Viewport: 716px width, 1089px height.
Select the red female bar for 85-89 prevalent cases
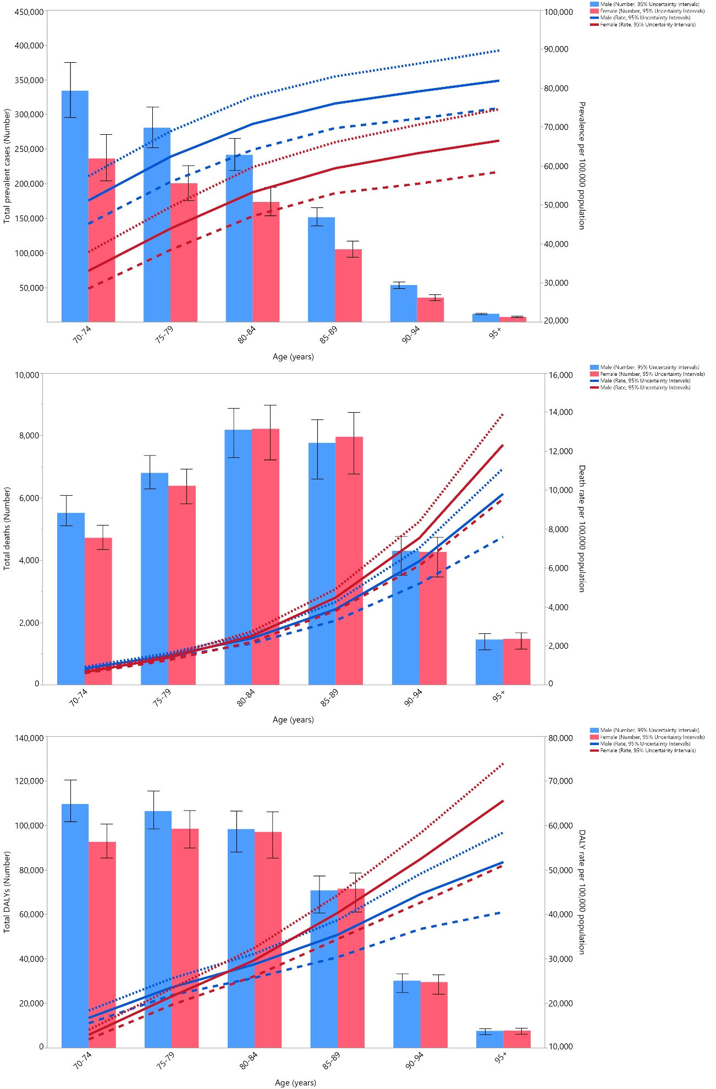[x=348, y=286]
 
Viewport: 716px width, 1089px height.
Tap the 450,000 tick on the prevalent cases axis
[x=29, y=12]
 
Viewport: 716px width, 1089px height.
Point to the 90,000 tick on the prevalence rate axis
[x=556, y=49]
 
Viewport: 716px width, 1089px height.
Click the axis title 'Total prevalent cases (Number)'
[x=7, y=166]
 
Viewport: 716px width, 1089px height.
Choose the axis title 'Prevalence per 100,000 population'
[x=582, y=166]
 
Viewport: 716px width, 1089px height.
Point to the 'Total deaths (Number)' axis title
[x=7, y=528]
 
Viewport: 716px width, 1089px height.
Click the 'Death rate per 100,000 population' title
[x=582, y=528]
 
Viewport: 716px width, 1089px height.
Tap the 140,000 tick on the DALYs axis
[x=29, y=738]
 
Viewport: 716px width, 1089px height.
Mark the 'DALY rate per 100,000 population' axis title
[x=582, y=891]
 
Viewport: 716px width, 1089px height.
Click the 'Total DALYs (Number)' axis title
[x=7, y=891]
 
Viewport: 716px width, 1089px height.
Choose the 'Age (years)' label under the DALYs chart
[x=295, y=1082]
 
